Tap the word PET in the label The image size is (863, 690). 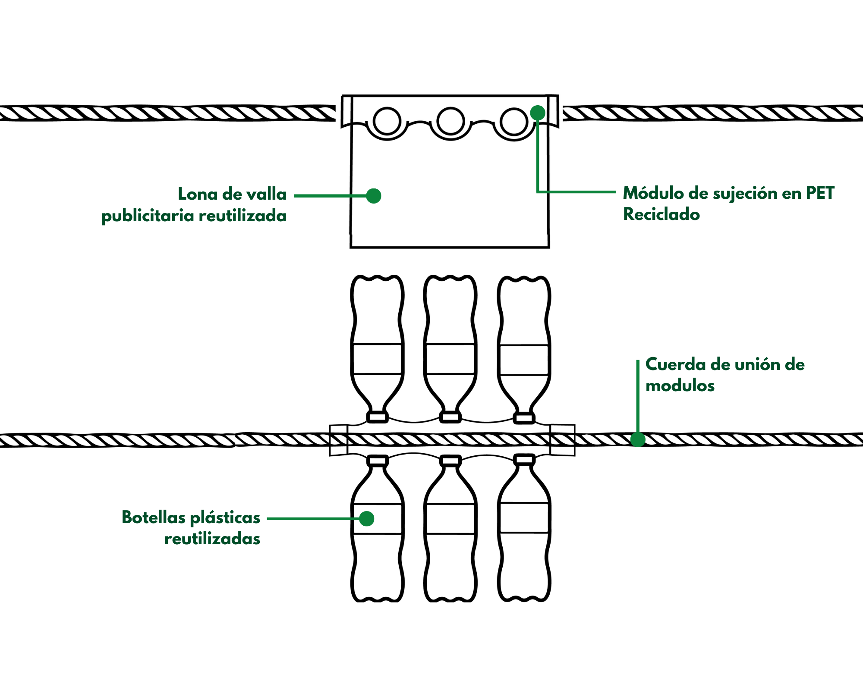click(820, 193)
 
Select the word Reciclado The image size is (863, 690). click(661, 214)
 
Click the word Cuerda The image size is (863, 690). click(675, 365)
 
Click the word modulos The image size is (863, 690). click(680, 386)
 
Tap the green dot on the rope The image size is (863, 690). click(638, 439)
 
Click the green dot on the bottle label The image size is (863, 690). click(366, 518)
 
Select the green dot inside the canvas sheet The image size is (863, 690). click(373, 196)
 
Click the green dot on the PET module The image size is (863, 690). click(537, 113)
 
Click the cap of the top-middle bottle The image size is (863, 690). click(450, 417)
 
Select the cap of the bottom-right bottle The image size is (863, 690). click(524, 460)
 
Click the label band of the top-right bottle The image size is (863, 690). click(524, 360)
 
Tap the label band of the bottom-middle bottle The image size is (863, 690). click(450, 519)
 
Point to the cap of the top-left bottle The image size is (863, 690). click(377, 417)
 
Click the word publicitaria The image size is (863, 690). click(148, 216)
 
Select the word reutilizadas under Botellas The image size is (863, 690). click(212, 539)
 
